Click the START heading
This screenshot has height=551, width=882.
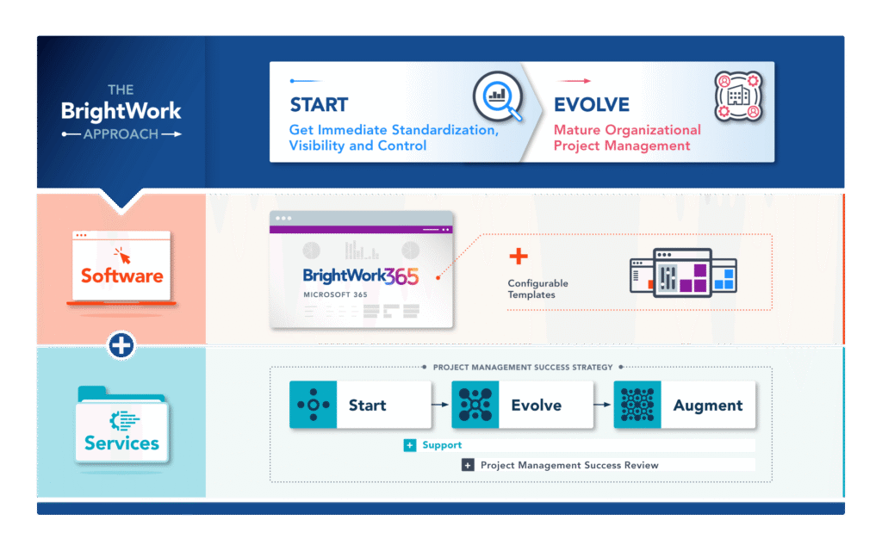(x=319, y=105)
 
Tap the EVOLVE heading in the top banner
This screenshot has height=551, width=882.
(x=592, y=105)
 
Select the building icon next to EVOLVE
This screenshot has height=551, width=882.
(x=739, y=96)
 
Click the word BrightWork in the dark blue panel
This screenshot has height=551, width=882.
(x=121, y=111)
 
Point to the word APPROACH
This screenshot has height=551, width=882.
(x=121, y=134)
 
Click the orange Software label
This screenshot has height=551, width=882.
(x=121, y=276)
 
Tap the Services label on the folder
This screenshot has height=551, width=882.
(x=121, y=443)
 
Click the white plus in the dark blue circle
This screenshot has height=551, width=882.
(x=121, y=345)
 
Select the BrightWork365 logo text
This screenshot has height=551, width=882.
(x=361, y=276)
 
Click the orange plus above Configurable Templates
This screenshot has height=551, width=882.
(x=519, y=256)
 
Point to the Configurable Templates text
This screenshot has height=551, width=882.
(x=537, y=289)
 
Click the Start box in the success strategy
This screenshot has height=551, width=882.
(x=359, y=405)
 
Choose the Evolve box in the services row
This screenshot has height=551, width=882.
(x=522, y=405)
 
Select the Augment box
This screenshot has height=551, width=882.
(x=685, y=405)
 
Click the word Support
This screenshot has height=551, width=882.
(x=442, y=445)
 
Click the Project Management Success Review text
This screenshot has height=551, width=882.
(x=568, y=465)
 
